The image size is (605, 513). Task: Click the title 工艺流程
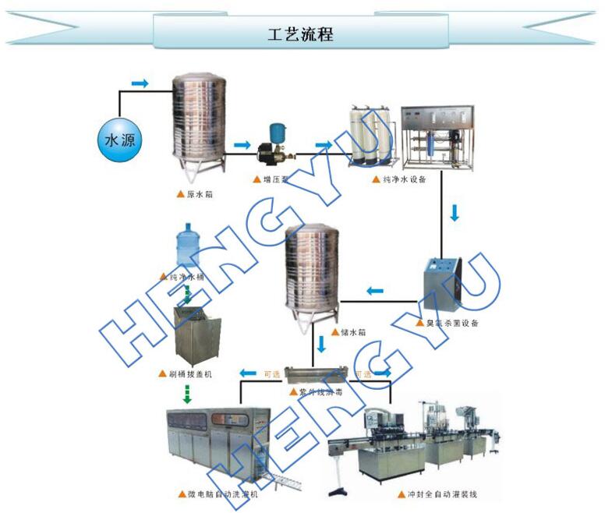[x=301, y=34]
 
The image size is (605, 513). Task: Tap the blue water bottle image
[x=186, y=246]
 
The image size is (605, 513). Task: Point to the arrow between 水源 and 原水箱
[x=140, y=83]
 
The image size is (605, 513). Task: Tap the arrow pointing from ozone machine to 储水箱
[x=375, y=292]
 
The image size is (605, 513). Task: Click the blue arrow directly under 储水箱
[x=320, y=344]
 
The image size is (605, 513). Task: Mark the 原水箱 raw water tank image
[x=198, y=121]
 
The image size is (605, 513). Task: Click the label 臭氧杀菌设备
[x=451, y=323]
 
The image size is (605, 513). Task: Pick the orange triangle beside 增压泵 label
[x=257, y=179]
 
